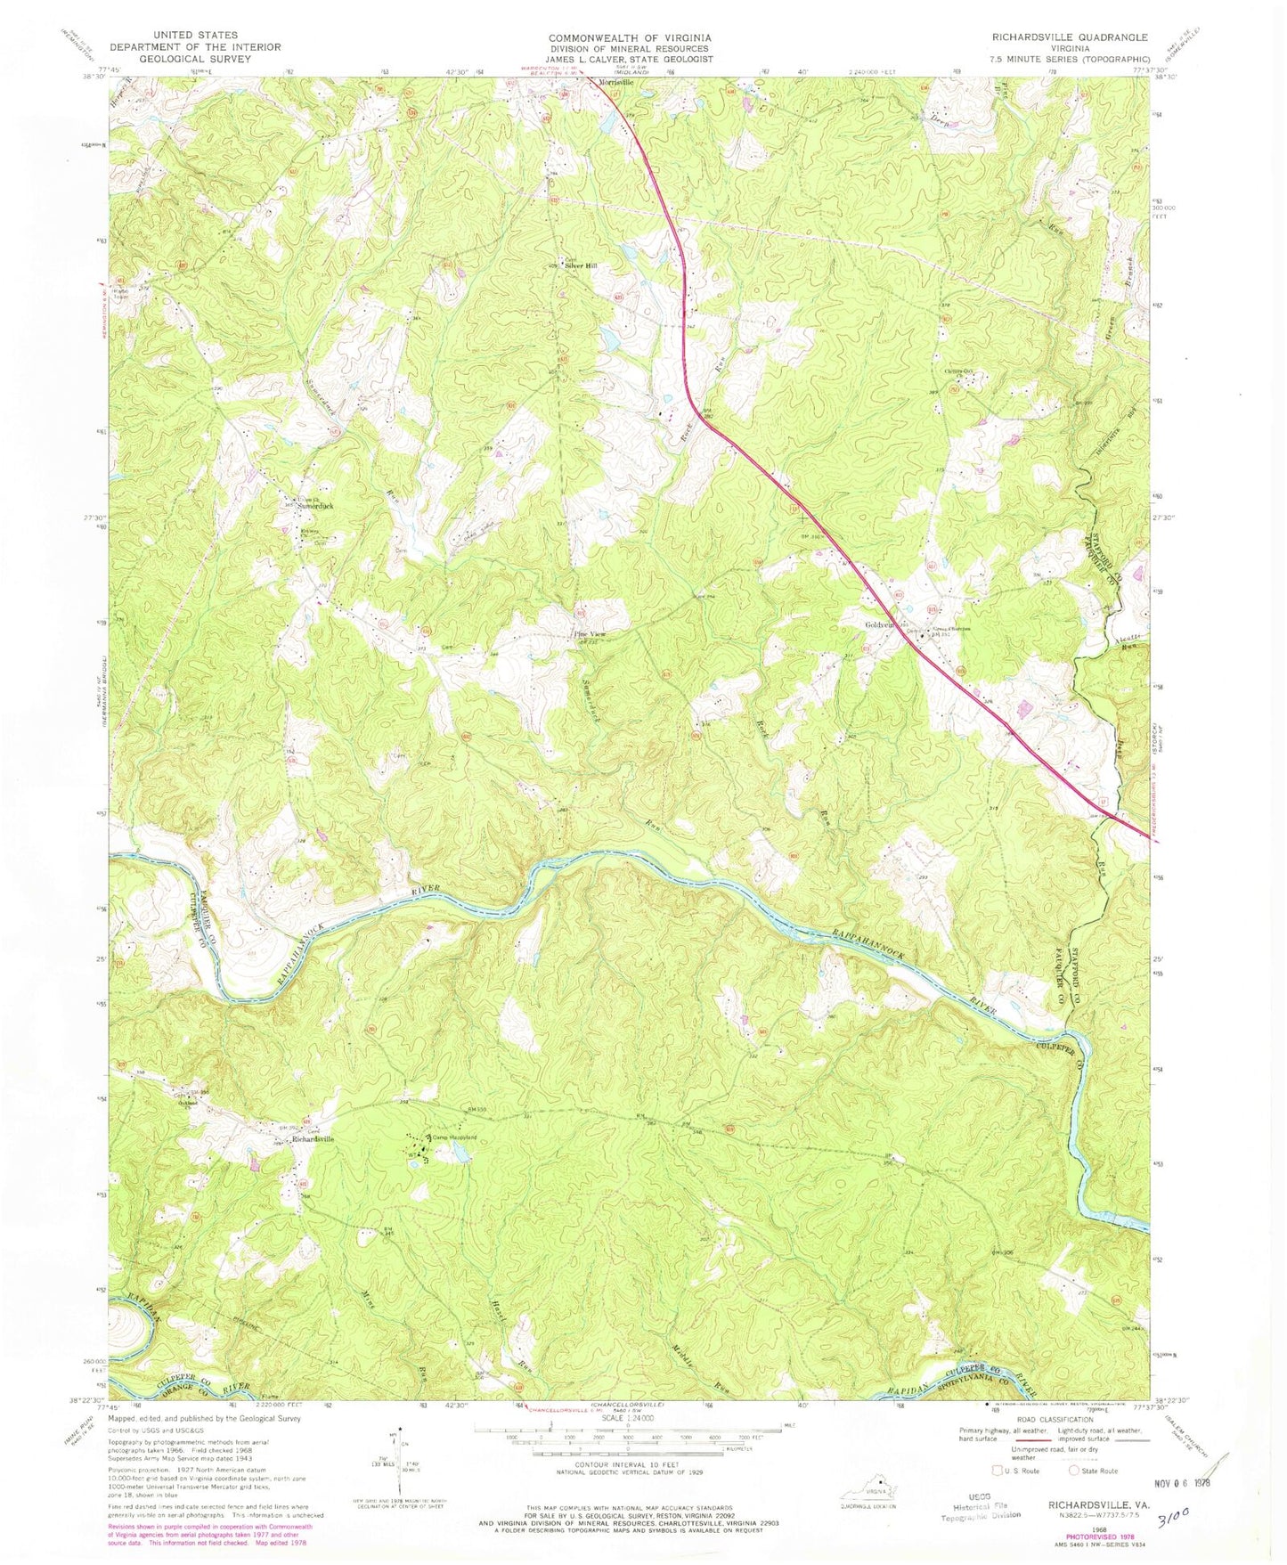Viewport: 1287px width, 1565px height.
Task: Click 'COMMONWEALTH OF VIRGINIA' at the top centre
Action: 629,37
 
